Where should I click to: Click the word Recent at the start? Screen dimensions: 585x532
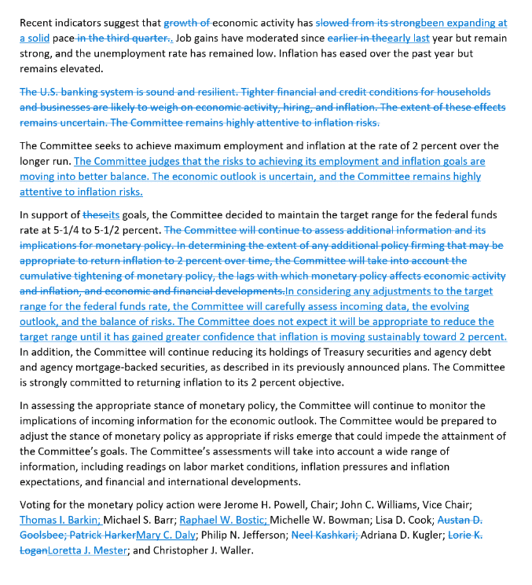[x=38, y=24]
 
